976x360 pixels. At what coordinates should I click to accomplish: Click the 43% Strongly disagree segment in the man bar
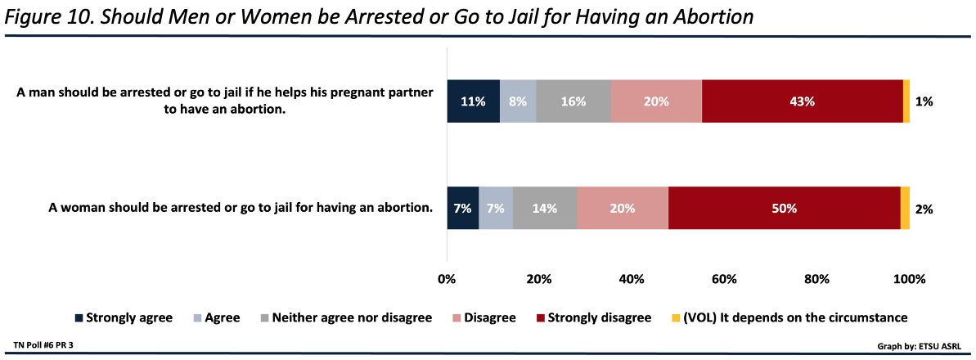pos(802,102)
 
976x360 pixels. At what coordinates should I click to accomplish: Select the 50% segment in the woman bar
pos(784,209)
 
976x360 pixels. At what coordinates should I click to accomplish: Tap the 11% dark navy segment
pos(473,102)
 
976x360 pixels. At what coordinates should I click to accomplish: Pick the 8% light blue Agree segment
pos(518,102)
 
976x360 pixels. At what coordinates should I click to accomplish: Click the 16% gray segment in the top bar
pos(573,102)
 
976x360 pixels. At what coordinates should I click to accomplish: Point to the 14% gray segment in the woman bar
pos(545,209)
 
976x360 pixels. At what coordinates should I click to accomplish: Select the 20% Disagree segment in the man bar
pos(656,102)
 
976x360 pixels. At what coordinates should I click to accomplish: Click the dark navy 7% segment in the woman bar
pos(462,209)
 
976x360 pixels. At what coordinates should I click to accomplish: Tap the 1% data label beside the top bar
pos(924,102)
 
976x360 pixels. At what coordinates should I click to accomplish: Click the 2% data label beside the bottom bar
pos(924,209)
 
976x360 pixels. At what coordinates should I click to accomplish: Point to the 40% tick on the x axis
pos(632,279)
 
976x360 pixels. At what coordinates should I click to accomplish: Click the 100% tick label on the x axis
pos(909,279)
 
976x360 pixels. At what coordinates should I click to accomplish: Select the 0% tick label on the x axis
pos(447,279)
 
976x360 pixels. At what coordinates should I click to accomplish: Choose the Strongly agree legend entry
pos(124,317)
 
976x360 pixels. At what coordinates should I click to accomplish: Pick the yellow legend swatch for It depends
pos(676,317)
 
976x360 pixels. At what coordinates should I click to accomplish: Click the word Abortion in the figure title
pos(706,16)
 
